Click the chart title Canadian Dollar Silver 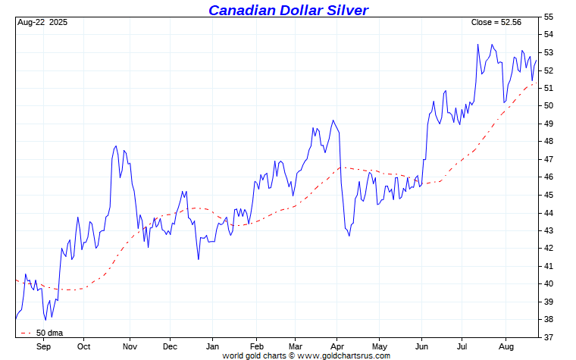point(288,10)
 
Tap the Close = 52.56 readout point(496,22)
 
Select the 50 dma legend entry point(49,333)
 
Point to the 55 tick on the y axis point(549,17)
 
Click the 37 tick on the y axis point(549,337)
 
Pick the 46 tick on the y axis point(549,177)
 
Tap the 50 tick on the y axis point(549,106)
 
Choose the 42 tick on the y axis point(549,249)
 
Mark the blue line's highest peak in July point(478,44)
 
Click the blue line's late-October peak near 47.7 point(116,146)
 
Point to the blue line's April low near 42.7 point(349,236)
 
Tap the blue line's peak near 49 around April point(333,121)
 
